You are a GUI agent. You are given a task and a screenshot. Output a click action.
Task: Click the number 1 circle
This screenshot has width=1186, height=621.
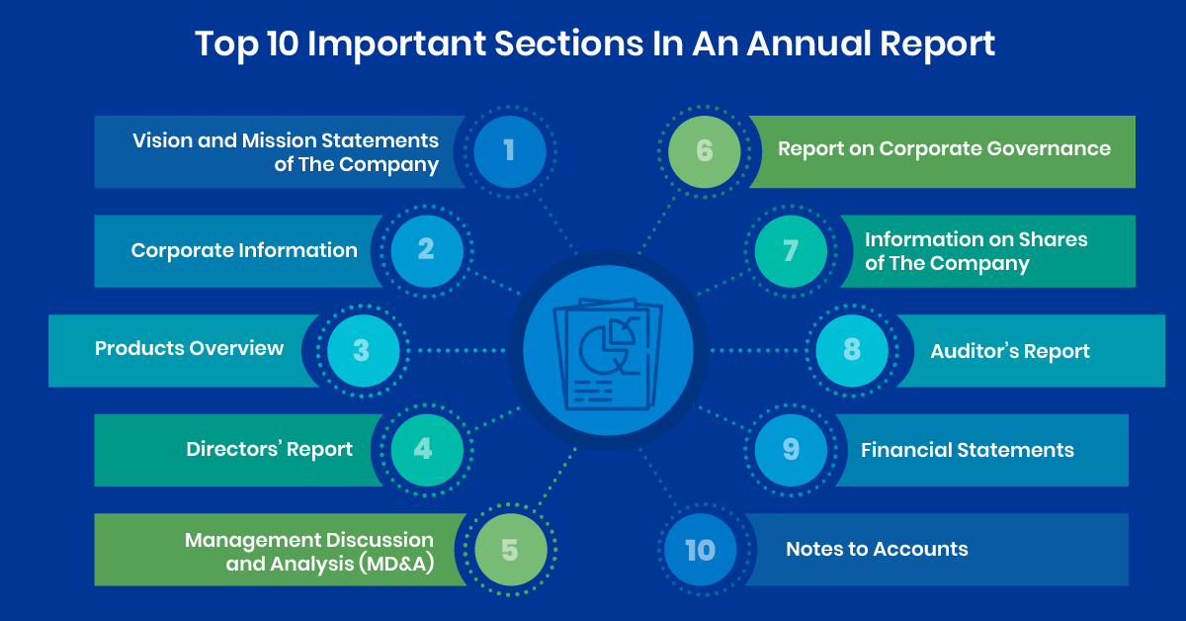point(509,151)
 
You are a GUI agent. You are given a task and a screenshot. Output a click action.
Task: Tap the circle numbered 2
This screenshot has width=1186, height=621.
point(427,251)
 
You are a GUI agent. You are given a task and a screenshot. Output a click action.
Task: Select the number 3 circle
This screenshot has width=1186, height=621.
point(364,351)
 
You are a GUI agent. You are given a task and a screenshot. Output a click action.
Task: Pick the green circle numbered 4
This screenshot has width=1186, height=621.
point(427,450)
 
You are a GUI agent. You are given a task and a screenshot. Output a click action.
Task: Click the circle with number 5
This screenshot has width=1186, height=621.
point(510,550)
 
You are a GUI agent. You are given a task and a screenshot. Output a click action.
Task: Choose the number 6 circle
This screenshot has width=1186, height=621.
point(704,151)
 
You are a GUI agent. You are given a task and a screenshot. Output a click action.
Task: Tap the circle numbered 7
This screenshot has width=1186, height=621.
point(791,251)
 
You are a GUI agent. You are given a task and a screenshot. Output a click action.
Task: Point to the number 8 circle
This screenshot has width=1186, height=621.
point(852,351)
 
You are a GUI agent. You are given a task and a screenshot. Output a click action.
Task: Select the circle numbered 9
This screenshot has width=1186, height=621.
point(791,450)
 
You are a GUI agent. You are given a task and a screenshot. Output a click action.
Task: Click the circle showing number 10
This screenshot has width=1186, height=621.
point(700,550)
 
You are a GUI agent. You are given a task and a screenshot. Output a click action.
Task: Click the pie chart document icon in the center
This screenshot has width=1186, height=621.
point(608,354)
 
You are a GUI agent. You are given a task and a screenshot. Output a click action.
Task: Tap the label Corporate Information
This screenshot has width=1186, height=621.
point(244,250)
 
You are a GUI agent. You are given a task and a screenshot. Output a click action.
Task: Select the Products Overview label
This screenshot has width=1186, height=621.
point(189,349)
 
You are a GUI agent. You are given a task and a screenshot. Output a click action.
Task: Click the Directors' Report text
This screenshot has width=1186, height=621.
point(269,449)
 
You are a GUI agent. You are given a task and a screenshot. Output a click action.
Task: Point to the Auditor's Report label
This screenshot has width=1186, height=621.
point(1010,351)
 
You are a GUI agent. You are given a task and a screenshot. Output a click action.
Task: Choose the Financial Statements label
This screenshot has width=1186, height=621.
point(968,450)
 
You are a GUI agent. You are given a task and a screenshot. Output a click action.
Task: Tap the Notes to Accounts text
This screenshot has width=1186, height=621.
point(877,549)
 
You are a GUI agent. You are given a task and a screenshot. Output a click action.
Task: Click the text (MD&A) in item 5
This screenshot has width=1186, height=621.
point(396,564)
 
